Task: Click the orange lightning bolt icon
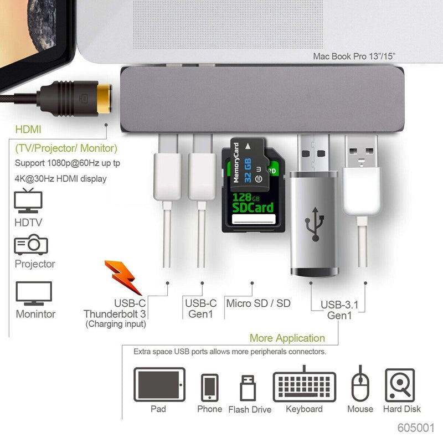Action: [x=123, y=277]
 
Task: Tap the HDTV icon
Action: [x=28, y=200]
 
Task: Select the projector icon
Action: [x=31, y=245]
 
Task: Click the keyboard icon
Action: [x=304, y=384]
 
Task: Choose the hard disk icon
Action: [x=400, y=385]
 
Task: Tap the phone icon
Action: [x=210, y=388]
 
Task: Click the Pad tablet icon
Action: [x=159, y=384]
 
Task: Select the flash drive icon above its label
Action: [x=248, y=388]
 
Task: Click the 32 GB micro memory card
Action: [x=249, y=165]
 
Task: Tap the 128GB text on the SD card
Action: [x=246, y=197]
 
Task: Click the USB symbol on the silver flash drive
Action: [x=315, y=224]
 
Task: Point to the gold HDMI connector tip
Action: [x=104, y=99]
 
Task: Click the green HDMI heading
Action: [x=28, y=130]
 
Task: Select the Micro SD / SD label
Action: [x=258, y=303]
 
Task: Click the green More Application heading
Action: [x=287, y=338]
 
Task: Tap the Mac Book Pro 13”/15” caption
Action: [x=354, y=56]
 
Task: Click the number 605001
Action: [x=416, y=427]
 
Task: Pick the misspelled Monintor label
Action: [x=35, y=314]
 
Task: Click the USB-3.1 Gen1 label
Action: [x=339, y=310]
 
